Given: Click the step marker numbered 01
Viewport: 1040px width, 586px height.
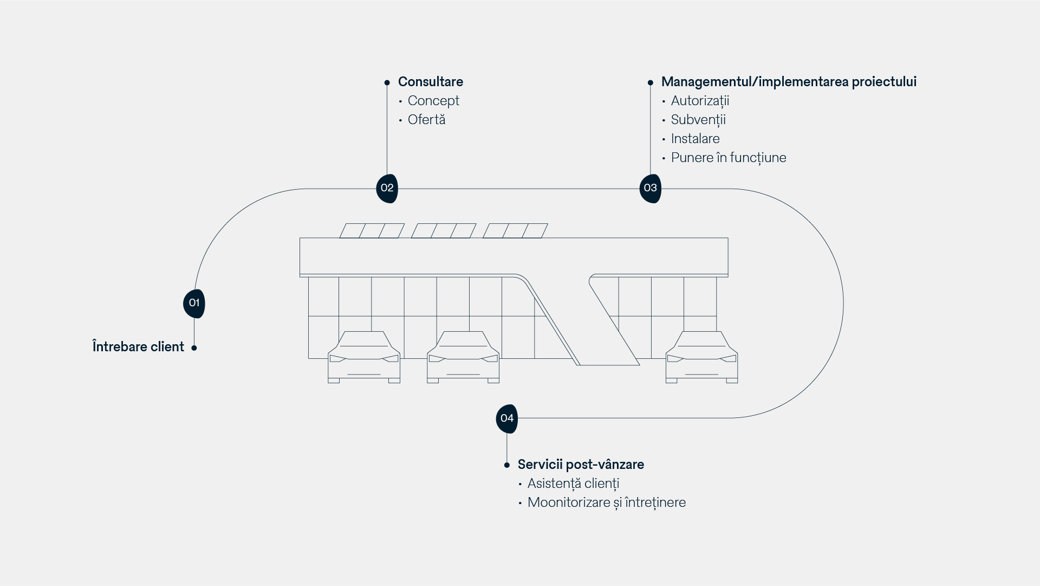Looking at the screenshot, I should point(194,303).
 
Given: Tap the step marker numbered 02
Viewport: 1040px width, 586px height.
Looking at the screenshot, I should point(387,188).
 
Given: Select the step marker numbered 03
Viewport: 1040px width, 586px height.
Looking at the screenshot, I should point(650,188).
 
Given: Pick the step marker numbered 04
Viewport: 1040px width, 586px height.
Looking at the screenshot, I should point(506,418).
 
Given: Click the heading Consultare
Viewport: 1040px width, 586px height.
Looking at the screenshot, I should point(430,82).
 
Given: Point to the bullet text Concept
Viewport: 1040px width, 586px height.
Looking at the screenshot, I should point(433,101).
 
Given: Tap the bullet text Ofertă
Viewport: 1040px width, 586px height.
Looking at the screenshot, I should point(426,120).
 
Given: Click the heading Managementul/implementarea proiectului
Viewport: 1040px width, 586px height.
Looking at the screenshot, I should point(789,82).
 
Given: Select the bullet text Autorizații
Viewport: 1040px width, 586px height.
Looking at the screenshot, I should point(700,101).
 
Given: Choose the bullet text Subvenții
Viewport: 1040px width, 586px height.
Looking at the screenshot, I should point(698,120).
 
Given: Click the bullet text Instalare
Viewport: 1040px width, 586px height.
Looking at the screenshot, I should point(695,139).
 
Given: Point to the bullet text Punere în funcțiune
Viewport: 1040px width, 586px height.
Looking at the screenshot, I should point(729,158).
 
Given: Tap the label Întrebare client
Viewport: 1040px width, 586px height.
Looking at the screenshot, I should point(138,347).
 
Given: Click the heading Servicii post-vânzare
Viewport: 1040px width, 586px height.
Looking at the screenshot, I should point(581,465).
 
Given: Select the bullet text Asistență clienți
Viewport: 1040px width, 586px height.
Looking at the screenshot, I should point(573,484).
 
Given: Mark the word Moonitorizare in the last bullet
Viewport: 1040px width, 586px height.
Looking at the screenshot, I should point(569,503).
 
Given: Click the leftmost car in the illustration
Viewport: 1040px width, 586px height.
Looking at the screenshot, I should point(364,358).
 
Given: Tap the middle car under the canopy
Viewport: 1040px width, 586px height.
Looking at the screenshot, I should point(463,358).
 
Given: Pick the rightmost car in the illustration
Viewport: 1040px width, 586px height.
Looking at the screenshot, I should point(701,358).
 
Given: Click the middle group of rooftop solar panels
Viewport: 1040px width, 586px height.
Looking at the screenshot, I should point(444,231).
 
